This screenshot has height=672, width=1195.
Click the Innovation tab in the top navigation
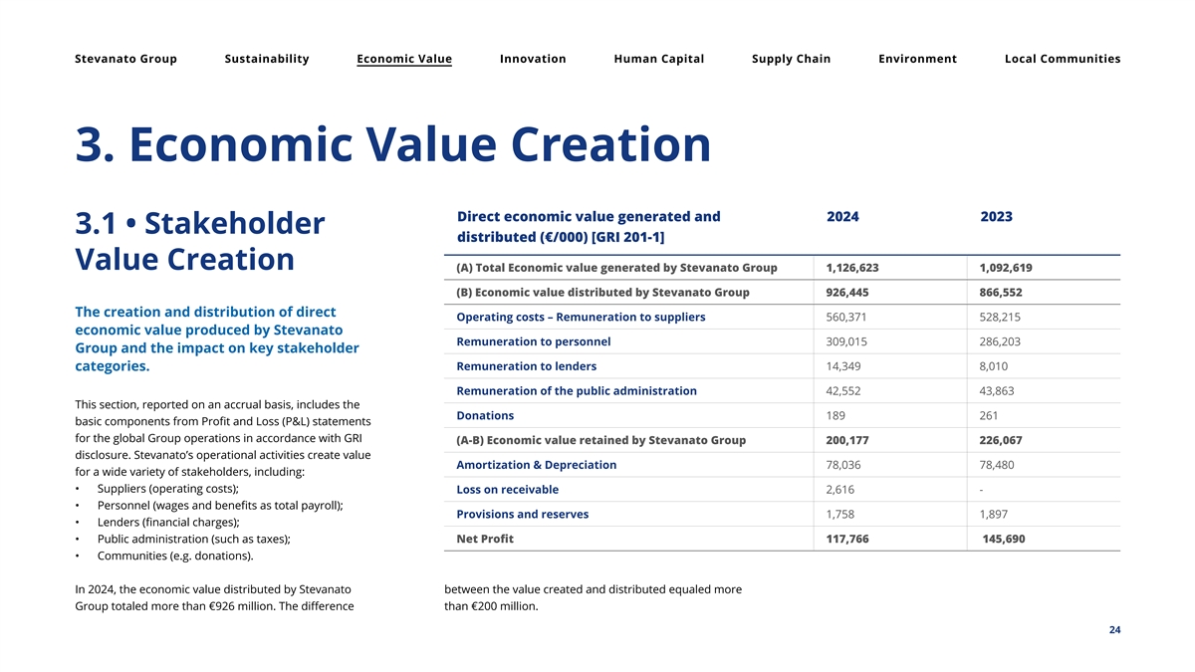point(533,59)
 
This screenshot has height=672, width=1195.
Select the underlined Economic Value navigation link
point(404,59)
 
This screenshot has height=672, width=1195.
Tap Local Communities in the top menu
point(1063,59)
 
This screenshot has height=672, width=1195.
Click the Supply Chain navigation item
point(791,59)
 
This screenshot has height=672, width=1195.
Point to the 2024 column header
point(842,217)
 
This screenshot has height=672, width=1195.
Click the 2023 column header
point(996,217)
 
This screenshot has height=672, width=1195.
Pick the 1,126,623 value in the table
point(852,268)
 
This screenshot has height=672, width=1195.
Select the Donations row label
point(485,415)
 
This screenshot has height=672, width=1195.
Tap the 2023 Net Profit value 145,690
point(1003,539)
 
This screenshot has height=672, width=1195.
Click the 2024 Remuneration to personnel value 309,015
point(848,341)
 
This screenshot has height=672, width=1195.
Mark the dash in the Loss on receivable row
point(982,490)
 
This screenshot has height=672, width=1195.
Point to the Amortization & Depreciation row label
point(536,465)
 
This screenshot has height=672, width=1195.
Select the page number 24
point(1114,630)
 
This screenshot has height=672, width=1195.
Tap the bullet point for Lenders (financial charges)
point(79,523)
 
